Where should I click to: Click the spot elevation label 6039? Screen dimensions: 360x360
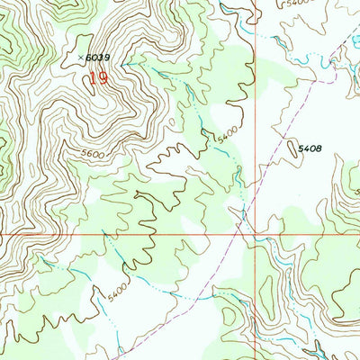click(x=97, y=58)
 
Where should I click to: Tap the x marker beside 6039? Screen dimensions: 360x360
click(x=80, y=58)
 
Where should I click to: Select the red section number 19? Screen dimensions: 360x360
click(x=97, y=78)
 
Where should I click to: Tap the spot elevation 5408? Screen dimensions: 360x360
click(x=311, y=147)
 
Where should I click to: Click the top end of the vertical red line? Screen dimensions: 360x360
click(x=255, y=0)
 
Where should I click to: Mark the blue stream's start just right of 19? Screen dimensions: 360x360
click(x=126, y=65)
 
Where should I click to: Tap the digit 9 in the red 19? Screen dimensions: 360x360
click(x=103, y=78)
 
